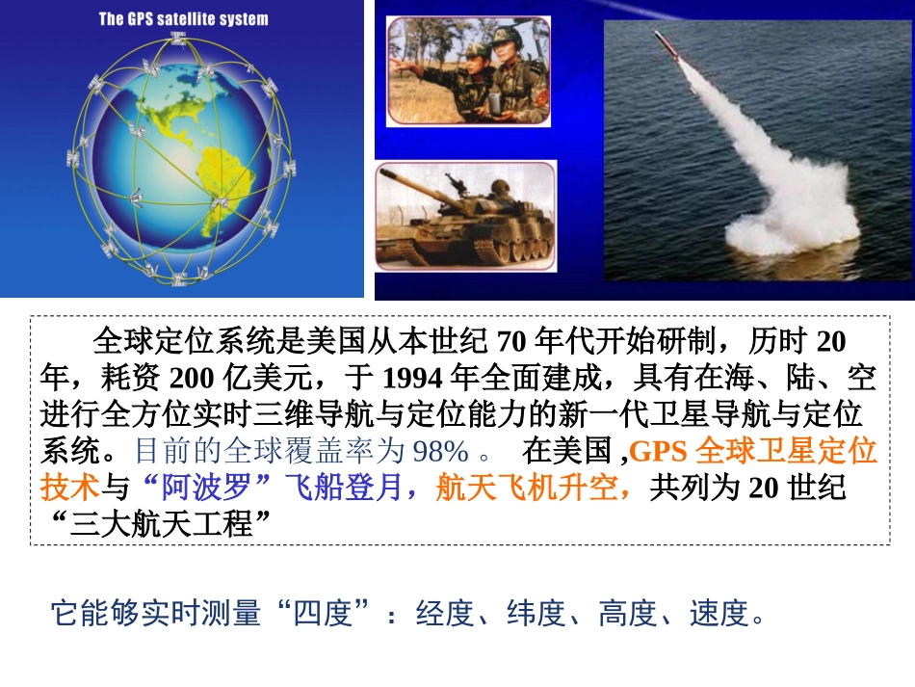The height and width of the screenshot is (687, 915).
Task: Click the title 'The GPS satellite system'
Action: pos(183,18)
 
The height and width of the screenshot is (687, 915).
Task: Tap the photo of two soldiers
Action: pos(468,71)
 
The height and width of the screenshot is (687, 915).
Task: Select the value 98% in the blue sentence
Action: pos(440,451)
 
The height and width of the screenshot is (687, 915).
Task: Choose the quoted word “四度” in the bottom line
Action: pos(323,613)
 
